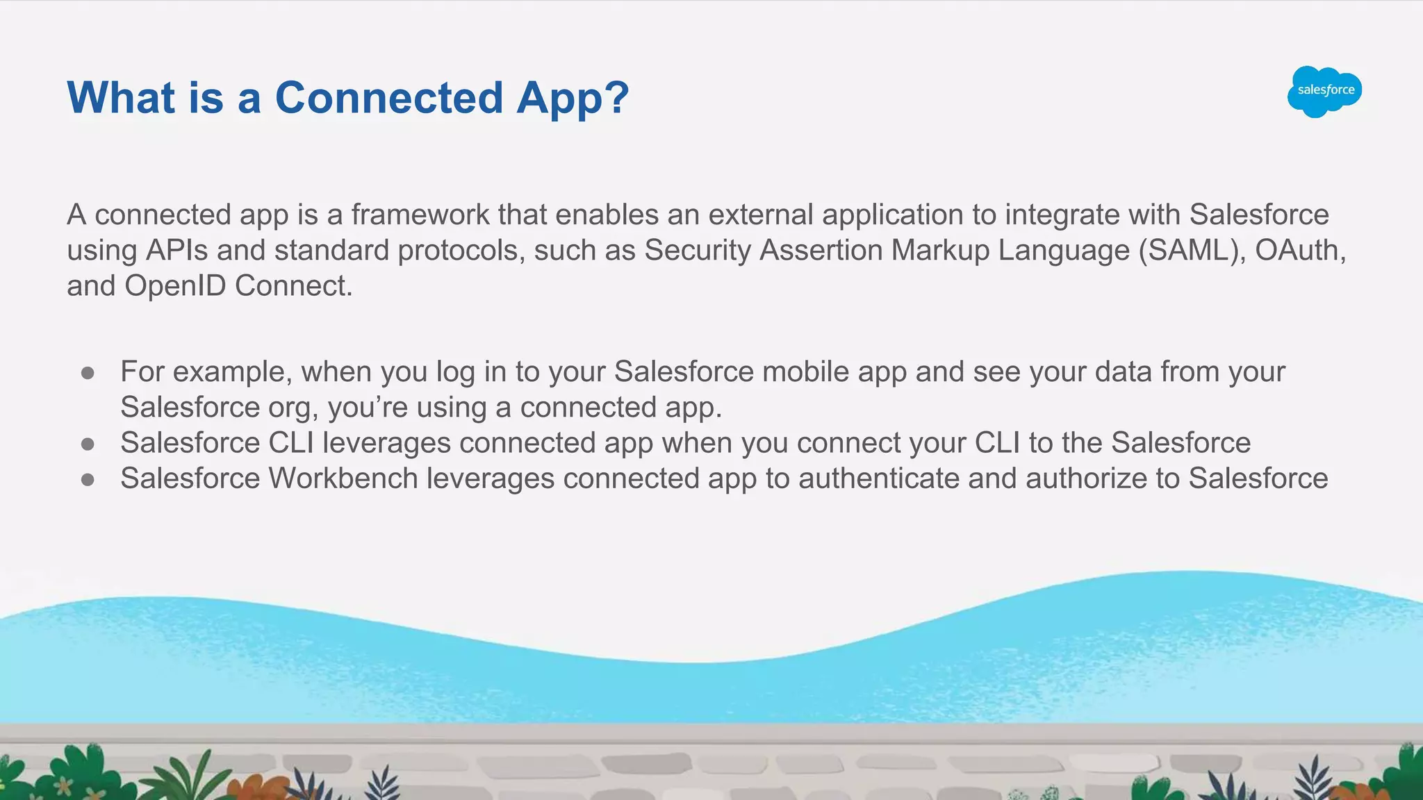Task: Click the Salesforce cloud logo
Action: [1324, 91]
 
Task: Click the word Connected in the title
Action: [388, 97]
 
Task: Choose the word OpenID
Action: [175, 286]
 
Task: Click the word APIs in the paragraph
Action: [176, 251]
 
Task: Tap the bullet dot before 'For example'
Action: [88, 373]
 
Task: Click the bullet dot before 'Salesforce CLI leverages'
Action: [88, 444]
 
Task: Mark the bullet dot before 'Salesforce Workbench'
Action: [88, 479]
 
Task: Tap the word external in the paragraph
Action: [760, 215]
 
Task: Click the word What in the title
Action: [121, 97]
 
